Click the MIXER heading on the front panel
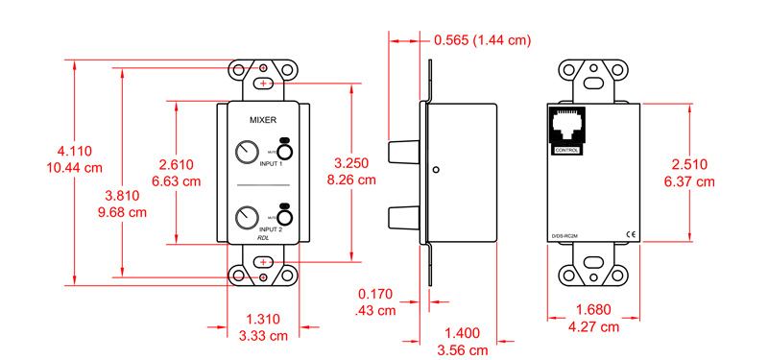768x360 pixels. (263, 121)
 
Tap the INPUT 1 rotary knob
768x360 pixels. (246, 153)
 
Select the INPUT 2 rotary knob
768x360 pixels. (246, 217)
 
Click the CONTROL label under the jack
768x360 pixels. (566, 150)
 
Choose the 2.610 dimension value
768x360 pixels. (178, 163)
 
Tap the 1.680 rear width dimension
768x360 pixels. (592, 310)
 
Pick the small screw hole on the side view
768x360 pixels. (436, 171)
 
